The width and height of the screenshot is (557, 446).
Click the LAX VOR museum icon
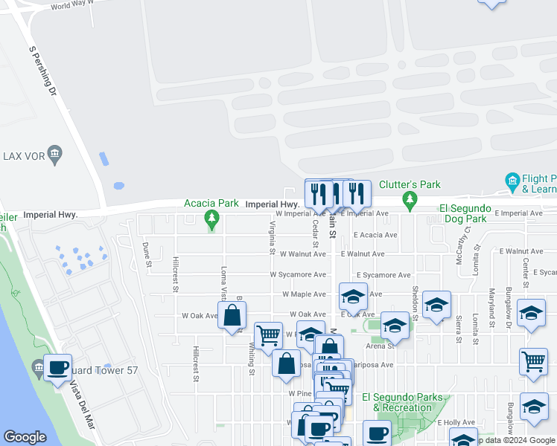point(54,155)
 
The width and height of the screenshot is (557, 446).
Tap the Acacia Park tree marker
point(212,218)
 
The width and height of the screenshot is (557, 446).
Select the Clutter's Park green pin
point(409,199)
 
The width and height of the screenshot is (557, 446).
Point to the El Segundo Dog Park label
point(462,213)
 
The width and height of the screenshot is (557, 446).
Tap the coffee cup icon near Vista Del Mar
point(57,367)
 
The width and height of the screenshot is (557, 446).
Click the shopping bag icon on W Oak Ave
point(232,315)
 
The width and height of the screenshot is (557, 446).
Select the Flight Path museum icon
point(512,181)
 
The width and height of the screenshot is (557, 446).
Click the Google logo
point(25,437)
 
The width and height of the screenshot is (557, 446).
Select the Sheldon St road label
point(414,297)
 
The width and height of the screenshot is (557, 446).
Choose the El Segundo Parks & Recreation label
point(401,402)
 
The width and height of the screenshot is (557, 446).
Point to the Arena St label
point(379,345)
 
